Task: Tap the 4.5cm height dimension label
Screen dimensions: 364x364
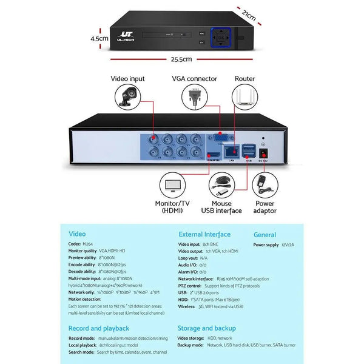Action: tap(99, 38)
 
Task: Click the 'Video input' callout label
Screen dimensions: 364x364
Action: tap(128, 79)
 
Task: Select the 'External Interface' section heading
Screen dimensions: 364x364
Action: tap(204, 234)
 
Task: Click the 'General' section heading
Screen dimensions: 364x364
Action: tap(265, 234)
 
